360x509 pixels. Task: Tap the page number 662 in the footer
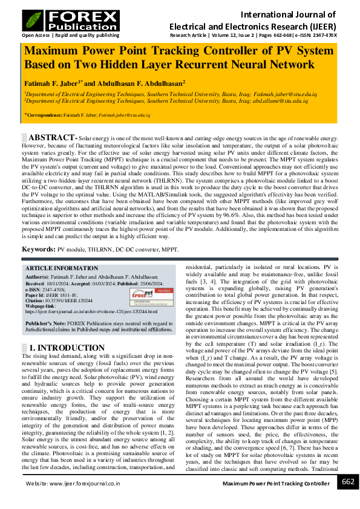click(x=348, y=481)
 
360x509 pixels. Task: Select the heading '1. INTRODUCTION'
click(x=58, y=348)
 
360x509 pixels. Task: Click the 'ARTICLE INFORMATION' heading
click(x=61, y=268)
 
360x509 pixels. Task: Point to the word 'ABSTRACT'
click(x=52, y=138)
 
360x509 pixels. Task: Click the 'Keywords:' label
click(x=39, y=249)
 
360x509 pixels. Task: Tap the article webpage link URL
click(x=91, y=311)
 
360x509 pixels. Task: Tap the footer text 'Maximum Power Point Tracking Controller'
click(x=276, y=484)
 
